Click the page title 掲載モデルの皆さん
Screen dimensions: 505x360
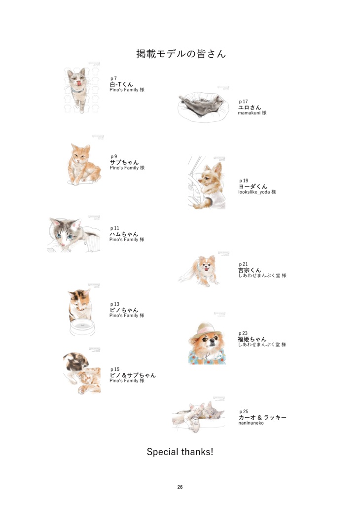point(181,54)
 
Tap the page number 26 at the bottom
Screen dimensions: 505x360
point(180,487)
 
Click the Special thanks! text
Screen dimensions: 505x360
point(180,451)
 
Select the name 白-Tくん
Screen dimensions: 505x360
point(121,84)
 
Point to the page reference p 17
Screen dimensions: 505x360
point(243,102)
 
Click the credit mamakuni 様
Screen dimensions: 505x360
point(252,113)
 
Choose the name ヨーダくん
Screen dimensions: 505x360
point(253,186)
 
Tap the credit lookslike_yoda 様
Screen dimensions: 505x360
point(257,192)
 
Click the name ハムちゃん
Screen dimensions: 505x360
point(124,234)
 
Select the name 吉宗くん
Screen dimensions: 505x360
point(250,270)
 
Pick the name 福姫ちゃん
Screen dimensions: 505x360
point(252,339)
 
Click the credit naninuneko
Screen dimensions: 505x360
point(251,423)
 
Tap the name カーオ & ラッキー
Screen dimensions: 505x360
point(262,417)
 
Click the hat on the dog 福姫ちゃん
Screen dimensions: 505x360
point(206,328)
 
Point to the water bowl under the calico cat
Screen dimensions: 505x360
point(82,327)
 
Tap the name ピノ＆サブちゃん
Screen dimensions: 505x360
point(133,375)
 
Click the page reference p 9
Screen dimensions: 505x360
point(114,156)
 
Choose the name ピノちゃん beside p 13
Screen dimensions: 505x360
point(124,310)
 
